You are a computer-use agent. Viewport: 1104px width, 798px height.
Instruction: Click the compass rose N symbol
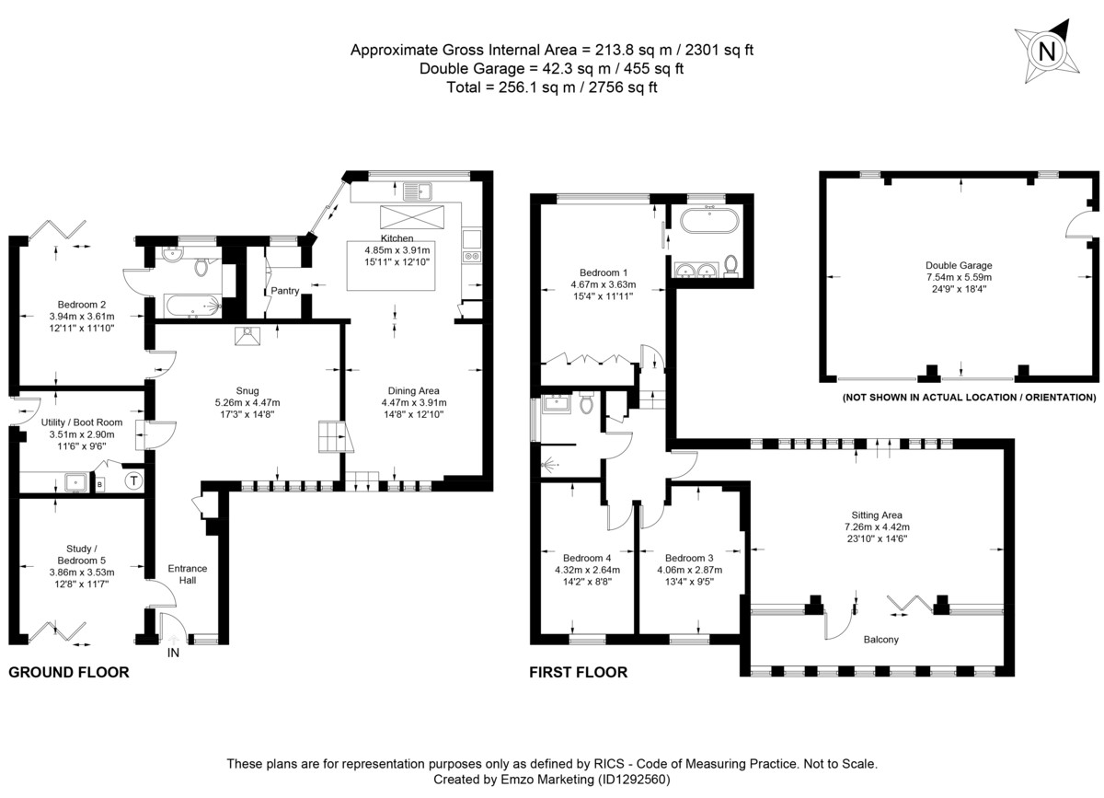coord(1047,51)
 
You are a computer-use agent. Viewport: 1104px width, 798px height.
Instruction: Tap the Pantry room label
coord(285,291)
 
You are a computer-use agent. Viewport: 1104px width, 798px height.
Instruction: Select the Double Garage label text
coord(959,265)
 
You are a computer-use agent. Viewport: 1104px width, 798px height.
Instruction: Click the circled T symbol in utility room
coord(133,480)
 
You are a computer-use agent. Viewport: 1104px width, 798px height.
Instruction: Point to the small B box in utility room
coord(99,485)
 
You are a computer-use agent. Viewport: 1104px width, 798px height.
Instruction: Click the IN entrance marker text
coord(173,653)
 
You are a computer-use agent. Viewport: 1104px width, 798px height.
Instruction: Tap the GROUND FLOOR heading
coord(69,672)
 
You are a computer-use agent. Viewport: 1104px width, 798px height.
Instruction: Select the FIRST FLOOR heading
coord(579,672)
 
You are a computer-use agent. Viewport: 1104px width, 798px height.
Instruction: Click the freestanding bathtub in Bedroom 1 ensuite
coord(709,221)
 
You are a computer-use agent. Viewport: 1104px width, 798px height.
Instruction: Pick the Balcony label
coord(881,640)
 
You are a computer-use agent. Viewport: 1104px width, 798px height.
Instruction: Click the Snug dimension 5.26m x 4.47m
coord(247,402)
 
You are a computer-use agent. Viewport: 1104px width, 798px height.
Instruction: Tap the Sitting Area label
coord(877,515)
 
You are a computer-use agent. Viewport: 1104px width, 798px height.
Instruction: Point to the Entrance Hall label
coord(188,574)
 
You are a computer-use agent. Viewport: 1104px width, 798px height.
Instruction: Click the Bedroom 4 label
coord(587,558)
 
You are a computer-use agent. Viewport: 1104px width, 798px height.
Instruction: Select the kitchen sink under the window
coord(417,191)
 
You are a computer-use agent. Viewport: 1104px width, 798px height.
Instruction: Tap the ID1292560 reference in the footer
coord(634,780)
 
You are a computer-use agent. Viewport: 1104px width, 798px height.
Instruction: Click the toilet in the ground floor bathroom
coord(201,266)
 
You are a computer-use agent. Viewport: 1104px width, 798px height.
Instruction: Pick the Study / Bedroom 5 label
coord(82,554)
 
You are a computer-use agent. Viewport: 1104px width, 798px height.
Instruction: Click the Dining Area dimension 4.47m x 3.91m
coord(414,402)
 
